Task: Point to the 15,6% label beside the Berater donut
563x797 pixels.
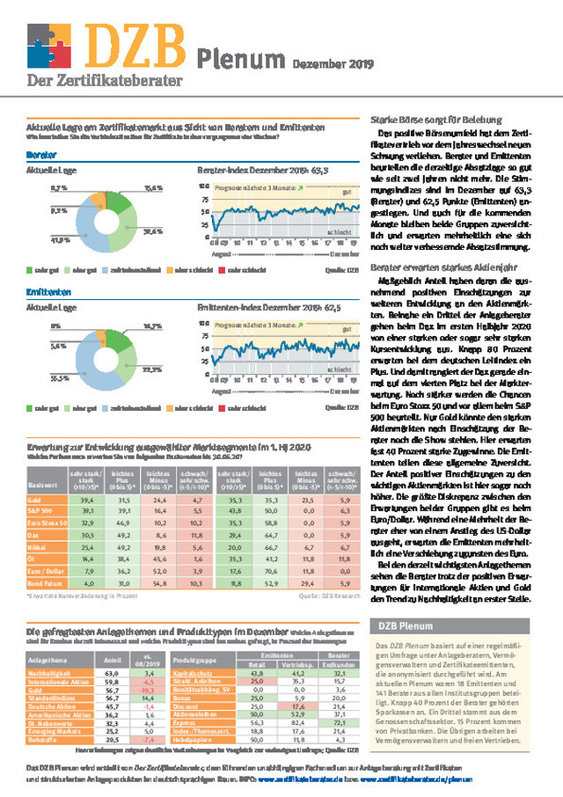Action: pos(153,188)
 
